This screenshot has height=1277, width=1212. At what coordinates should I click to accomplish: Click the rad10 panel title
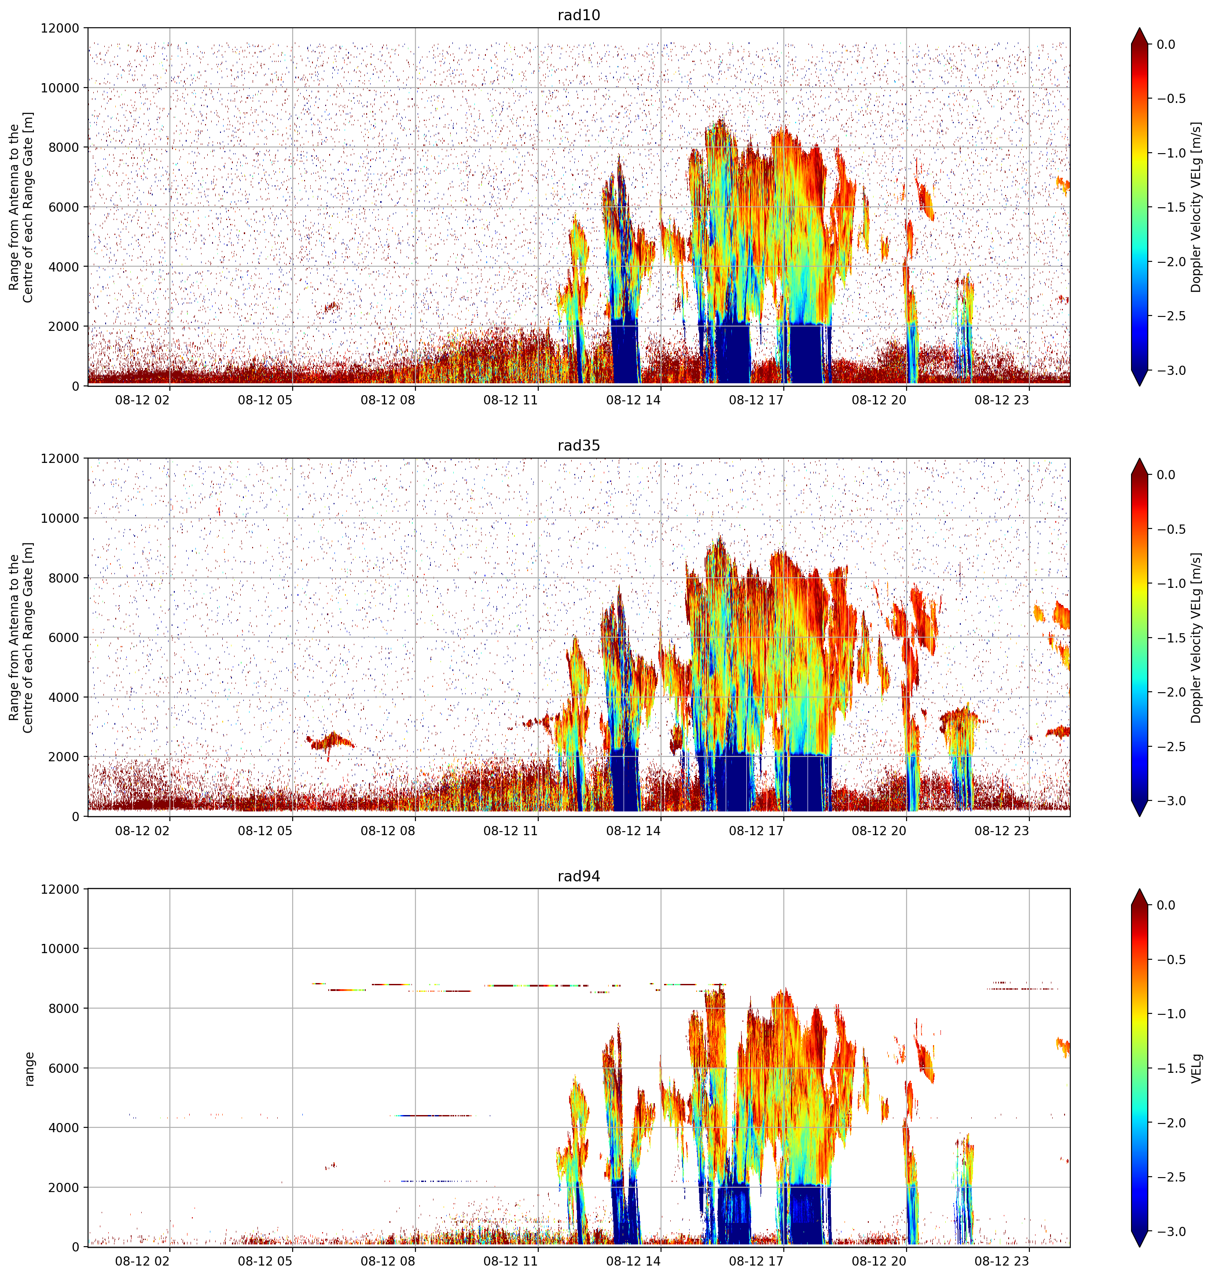tap(578, 15)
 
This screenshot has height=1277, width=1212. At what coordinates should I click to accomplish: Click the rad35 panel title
tap(578, 445)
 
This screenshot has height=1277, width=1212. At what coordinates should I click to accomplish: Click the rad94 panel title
tap(578, 876)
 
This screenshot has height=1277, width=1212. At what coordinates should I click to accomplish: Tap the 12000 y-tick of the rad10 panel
tap(60, 29)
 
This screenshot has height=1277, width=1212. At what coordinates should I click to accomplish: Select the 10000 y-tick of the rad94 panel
tap(60, 949)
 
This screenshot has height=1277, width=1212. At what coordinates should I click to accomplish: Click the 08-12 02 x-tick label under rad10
tap(142, 400)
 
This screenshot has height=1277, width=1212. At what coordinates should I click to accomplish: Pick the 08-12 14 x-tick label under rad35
tap(633, 831)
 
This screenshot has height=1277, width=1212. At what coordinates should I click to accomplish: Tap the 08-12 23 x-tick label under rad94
tap(1001, 1262)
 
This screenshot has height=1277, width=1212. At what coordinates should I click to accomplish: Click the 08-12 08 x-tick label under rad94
tap(388, 1262)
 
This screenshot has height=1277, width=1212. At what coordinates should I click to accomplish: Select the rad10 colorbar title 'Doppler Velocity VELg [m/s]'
tap(1197, 207)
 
